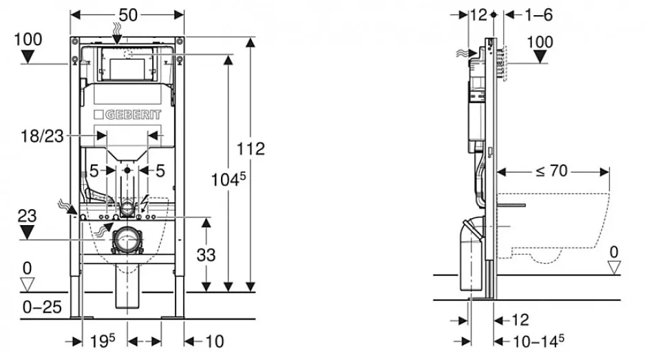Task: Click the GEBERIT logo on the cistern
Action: coord(127,114)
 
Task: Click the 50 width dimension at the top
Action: coord(128,15)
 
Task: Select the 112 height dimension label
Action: coord(251,149)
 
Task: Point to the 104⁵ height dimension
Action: coord(229,180)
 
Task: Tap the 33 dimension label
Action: coord(206,255)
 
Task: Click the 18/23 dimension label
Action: coord(43,136)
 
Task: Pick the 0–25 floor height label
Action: coord(42,307)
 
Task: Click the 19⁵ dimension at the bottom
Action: coord(103,341)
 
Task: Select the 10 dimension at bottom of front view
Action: coord(215,341)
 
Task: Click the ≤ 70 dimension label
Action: coord(552,171)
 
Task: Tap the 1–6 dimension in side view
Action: coord(538,15)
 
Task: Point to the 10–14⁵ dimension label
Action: coord(538,341)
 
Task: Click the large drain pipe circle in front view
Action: coord(127,240)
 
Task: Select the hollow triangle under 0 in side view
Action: coord(614,268)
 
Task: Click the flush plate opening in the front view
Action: coord(127,69)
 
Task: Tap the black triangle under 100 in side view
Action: coord(540,57)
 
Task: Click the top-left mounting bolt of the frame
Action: coord(75,42)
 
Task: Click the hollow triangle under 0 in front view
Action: coord(28,284)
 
